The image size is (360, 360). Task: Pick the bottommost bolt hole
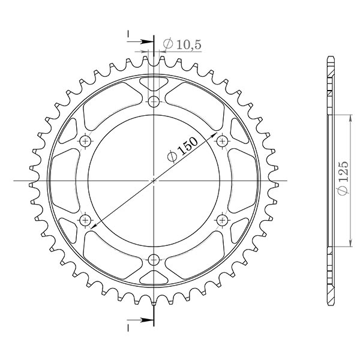pos(154,260)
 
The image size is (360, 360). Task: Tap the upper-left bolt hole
pos(85,140)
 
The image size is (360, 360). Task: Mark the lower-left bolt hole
pos(85,220)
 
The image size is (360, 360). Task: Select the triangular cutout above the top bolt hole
pos(154,82)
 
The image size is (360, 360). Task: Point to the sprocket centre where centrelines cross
pos(154,180)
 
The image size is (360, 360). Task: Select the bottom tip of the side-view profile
pos(330,304)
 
